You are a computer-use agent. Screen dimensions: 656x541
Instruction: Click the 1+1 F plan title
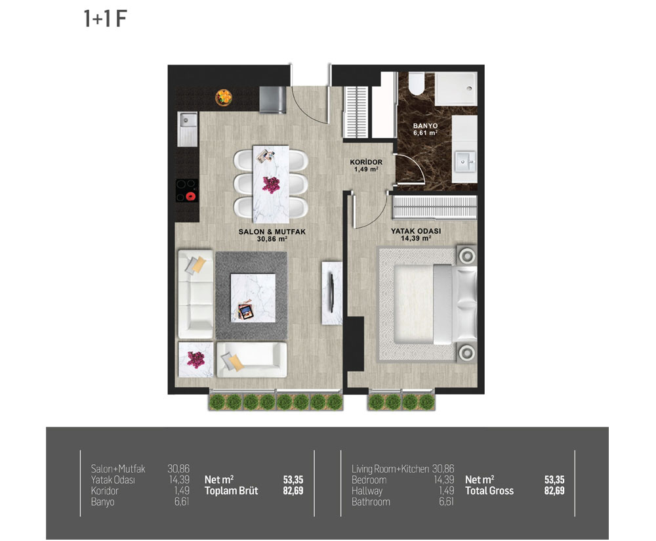coord(105,19)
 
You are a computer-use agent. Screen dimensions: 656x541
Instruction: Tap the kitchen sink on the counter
coord(188,129)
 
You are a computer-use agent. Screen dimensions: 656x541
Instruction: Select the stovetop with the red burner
coord(187,190)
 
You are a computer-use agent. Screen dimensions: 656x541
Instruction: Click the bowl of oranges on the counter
coord(224,98)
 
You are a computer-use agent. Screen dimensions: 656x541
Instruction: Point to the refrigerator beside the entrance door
coord(272,100)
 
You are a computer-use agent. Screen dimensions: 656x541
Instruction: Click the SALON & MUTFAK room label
coord(272,232)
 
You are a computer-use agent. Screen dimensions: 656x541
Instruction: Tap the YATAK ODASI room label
coord(416,231)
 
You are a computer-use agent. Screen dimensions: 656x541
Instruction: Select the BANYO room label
coord(426,125)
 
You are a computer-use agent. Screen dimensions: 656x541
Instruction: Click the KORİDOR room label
coord(366,162)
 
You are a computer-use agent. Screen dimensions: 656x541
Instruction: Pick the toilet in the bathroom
coord(417,84)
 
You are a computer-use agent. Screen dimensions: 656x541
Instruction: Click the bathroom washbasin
coord(465,162)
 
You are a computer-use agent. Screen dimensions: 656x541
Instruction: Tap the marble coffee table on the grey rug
coord(253,297)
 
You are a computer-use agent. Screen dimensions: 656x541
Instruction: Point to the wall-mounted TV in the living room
coord(331,293)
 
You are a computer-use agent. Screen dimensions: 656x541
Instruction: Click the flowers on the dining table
coord(271,184)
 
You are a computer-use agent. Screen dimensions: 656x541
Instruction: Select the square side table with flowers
coord(195,360)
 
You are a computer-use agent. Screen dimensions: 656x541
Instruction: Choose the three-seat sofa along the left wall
coord(195,294)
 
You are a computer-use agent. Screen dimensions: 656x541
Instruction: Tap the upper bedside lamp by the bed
coord(467,255)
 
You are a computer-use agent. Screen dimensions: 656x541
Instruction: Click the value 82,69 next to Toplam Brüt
coord(293,490)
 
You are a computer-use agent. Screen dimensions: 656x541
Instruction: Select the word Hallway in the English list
coord(367,490)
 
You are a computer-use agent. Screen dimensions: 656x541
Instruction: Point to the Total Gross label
coord(489,490)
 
